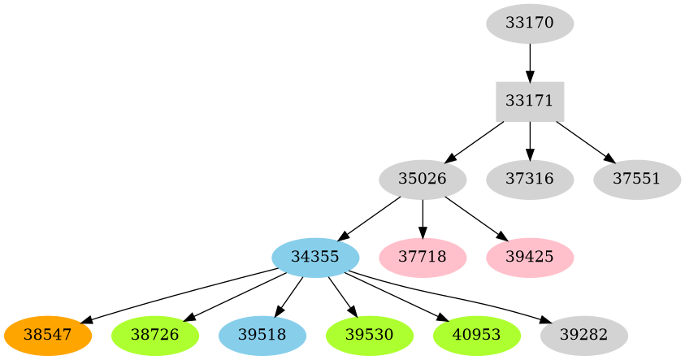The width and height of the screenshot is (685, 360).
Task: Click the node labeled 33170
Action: click(x=530, y=23)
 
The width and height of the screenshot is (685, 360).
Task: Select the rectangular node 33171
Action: click(x=530, y=101)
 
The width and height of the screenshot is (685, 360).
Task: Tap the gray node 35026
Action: click(x=423, y=178)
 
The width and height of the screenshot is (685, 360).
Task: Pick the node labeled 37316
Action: click(x=530, y=178)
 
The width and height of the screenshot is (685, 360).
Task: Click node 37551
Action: click(x=637, y=178)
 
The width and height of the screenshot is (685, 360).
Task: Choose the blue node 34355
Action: click(x=315, y=256)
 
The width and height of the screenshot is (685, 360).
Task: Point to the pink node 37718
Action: click(x=423, y=256)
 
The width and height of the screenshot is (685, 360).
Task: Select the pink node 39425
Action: click(x=530, y=256)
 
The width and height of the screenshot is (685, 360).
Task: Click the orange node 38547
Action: click(x=47, y=334)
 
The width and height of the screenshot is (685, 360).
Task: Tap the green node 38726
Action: click(x=154, y=334)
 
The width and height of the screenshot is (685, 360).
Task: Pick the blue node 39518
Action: click(x=262, y=334)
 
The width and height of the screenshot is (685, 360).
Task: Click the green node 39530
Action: click(x=369, y=334)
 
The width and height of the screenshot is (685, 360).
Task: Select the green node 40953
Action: click(x=476, y=334)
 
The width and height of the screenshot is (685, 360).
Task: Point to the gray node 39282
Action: click(x=583, y=334)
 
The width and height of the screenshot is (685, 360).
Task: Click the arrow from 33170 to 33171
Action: click(x=530, y=62)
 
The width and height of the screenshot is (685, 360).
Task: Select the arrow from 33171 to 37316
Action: click(x=530, y=140)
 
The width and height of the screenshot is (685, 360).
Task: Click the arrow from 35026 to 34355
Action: click(x=371, y=216)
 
